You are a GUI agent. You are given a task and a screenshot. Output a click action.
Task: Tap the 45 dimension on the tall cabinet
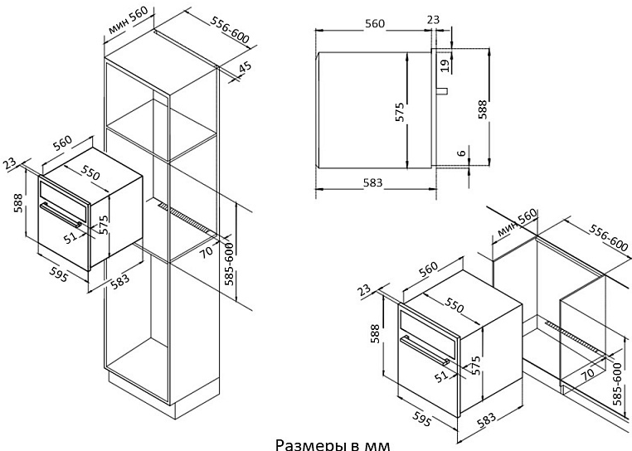tap(244, 69)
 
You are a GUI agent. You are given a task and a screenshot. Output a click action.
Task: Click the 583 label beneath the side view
tap(372, 183)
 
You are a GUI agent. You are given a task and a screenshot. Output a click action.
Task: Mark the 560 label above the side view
tap(375, 24)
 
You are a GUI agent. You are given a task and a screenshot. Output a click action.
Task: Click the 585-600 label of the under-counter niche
tap(617, 383)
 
